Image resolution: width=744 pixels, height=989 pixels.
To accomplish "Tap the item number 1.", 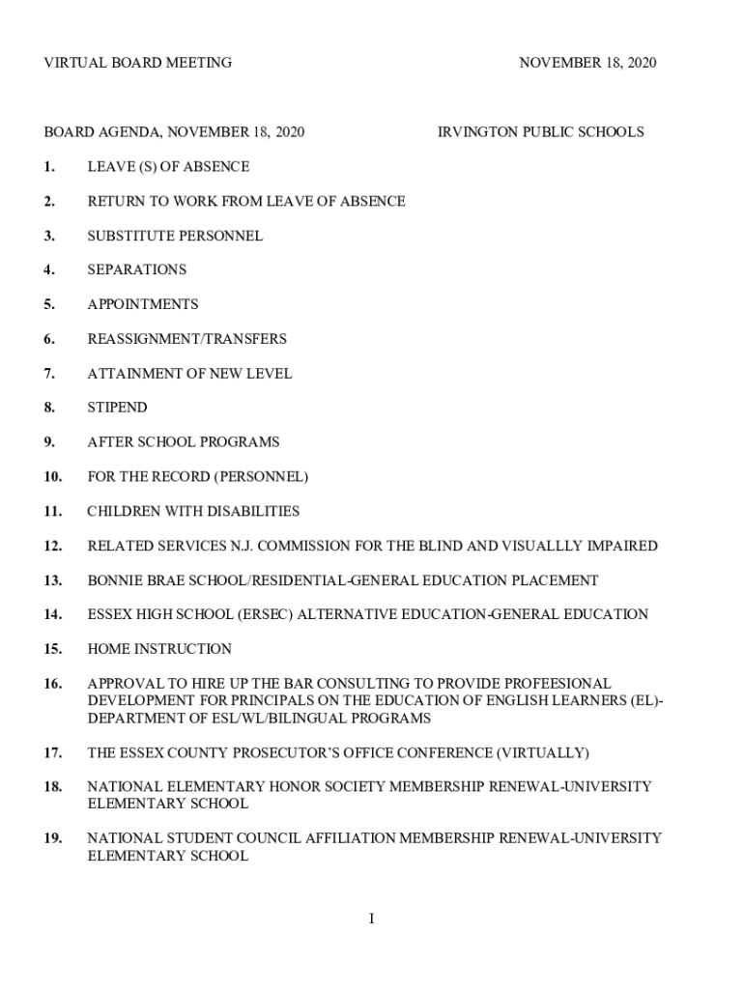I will [x=49, y=167].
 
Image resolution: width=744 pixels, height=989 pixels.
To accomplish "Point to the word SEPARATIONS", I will [x=136, y=269].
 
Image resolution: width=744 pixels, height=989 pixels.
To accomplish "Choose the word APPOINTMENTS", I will [x=142, y=304].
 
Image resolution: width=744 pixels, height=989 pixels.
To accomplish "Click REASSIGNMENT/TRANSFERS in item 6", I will [x=186, y=339].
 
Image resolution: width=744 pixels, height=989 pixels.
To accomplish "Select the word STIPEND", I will [x=117, y=408].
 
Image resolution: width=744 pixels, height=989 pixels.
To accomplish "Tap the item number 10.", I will [x=52, y=477].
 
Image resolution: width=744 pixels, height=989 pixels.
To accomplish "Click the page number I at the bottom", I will [x=371, y=918].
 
